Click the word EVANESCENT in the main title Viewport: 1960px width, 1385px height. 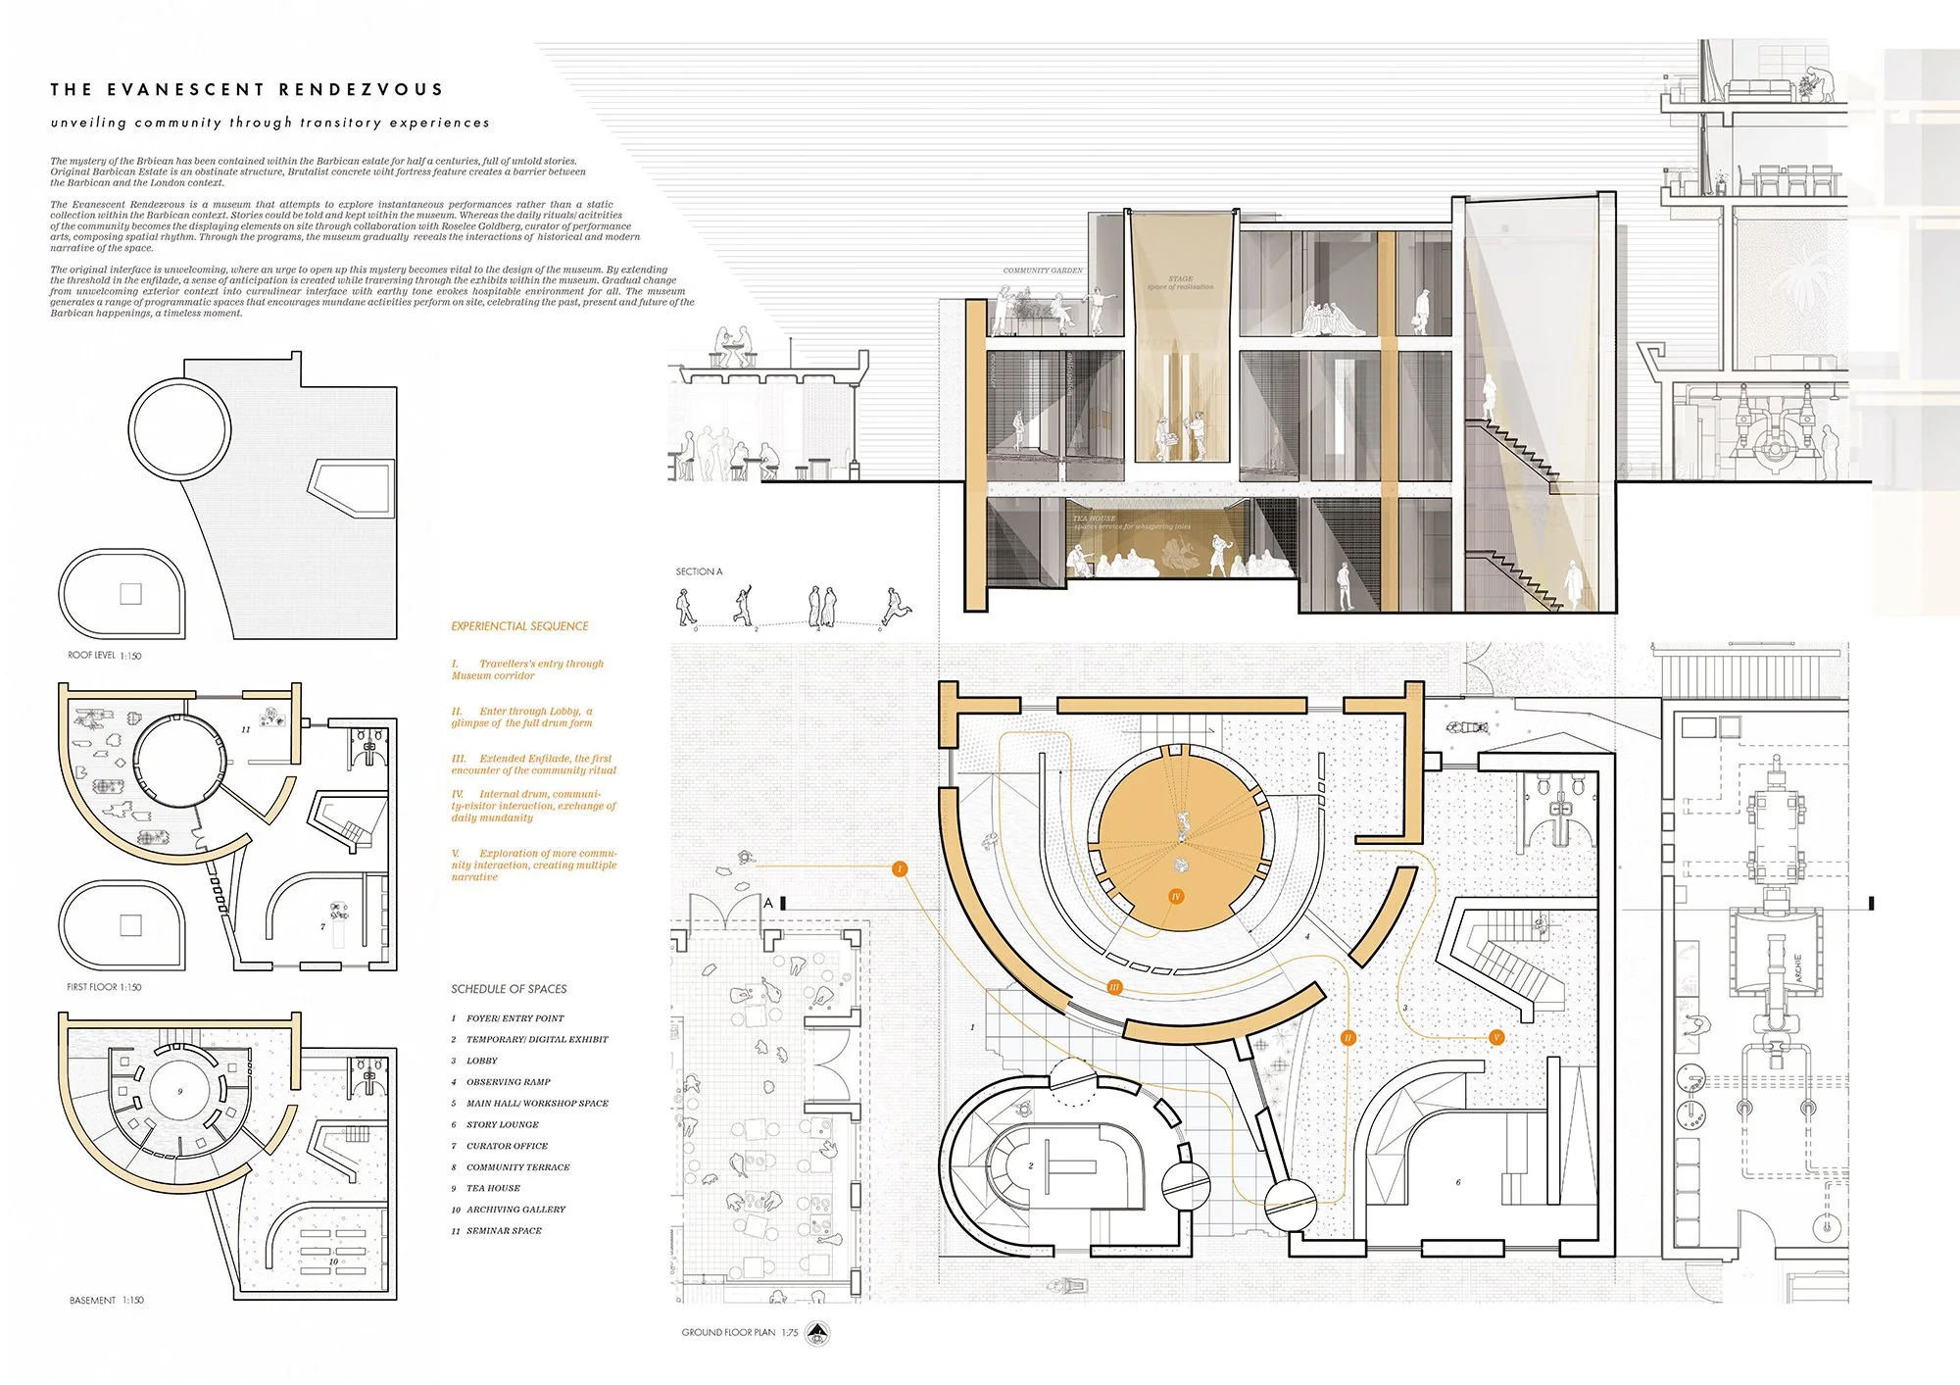pyautogui.click(x=186, y=89)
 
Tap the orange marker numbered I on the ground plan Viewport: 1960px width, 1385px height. pyautogui.click(x=900, y=868)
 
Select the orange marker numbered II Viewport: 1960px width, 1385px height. pyautogui.click(x=1348, y=1037)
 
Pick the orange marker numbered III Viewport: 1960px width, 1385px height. pyautogui.click(x=1114, y=987)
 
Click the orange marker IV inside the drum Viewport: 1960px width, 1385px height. pyautogui.click(x=1176, y=896)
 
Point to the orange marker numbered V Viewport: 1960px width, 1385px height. pyautogui.click(x=1495, y=1037)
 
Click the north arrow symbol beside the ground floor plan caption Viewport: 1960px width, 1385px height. pyautogui.click(x=817, y=1333)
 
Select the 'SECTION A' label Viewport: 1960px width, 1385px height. pyautogui.click(x=699, y=571)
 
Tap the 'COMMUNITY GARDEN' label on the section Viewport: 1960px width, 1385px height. pyautogui.click(x=1043, y=271)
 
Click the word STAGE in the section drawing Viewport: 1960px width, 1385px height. pyautogui.click(x=1180, y=279)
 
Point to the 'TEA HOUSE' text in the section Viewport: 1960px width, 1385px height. pyautogui.click(x=1094, y=519)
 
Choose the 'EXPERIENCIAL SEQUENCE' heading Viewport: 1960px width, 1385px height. pyautogui.click(x=519, y=626)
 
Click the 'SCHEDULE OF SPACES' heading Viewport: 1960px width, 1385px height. pyautogui.click(x=509, y=989)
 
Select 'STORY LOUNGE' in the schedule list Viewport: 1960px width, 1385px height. pyautogui.click(x=502, y=1124)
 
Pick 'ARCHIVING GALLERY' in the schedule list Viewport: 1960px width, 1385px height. pyautogui.click(x=515, y=1210)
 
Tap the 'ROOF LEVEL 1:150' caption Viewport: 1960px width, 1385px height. pyautogui.click(x=104, y=656)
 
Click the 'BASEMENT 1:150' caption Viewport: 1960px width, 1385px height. pyautogui.click(x=106, y=1301)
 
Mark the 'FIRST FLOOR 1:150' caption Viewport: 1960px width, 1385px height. pyautogui.click(x=104, y=987)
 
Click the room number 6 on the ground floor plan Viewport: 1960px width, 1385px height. pyautogui.click(x=1458, y=1182)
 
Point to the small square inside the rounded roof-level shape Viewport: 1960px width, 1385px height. pyautogui.click(x=130, y=593)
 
